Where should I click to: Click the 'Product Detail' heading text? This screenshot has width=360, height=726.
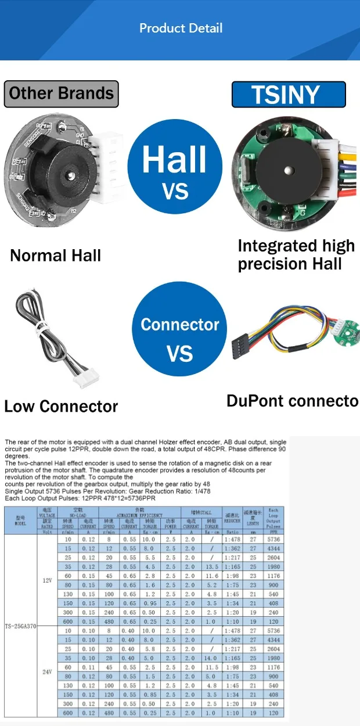pos(181,28)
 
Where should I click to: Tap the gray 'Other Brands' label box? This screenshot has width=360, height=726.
pos(61,94)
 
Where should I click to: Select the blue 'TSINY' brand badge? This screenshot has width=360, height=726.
pos(289,94)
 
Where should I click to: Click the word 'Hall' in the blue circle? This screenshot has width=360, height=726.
pos(175,159)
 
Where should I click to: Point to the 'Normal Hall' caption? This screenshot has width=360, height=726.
pos(56,255)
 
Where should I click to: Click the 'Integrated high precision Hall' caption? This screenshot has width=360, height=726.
pos(296,255)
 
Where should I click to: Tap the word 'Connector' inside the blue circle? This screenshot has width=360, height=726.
pos(180,324)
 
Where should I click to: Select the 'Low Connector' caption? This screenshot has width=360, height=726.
pos(61,406)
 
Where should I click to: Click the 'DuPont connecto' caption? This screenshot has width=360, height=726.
pos(292,401)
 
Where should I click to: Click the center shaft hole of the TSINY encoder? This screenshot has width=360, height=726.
pos(289,170)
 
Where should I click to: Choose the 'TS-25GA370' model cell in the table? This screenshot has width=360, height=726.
pos(20,626)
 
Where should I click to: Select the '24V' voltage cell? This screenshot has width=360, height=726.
pos(48,671)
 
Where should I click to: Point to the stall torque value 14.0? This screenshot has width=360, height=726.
pos(211,659)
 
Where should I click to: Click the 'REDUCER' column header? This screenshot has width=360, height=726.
pos(232,521)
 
